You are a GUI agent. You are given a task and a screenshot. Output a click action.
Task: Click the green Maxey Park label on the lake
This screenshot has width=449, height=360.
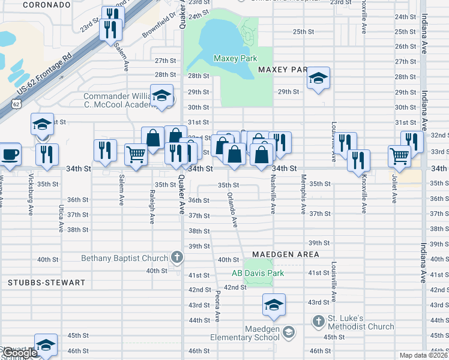[x=235, y=58]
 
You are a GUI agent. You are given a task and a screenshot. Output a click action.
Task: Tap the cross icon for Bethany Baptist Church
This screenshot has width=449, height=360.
[x=176, y=258]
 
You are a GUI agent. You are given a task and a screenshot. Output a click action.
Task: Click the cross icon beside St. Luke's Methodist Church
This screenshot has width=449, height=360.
[x=318, y=321]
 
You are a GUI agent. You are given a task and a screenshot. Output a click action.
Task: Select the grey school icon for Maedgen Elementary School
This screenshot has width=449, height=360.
[x=289, y=332]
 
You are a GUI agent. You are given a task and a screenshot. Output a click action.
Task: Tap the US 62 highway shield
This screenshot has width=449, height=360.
[x=17, y=104]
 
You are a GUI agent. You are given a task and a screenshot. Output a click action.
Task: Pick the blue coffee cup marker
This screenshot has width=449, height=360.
[x=10, y=154]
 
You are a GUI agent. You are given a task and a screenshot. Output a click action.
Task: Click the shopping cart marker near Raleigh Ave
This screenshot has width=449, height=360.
[x=136, y=154]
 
